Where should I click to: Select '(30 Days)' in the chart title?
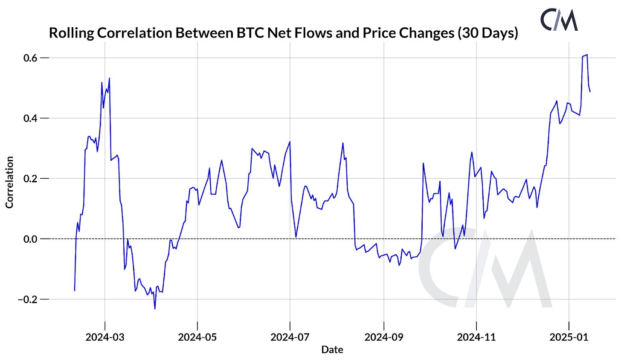pyautogui.click(x=488, y=33)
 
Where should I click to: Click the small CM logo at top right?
pyautogui.click(x=559, y=20)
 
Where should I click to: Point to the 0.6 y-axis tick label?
pyautogui.click(x=29, y=58)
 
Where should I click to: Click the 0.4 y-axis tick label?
pyautogui.click(x=29, y=118)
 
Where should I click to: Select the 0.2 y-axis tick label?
pyautogui.click(x=29, y=178)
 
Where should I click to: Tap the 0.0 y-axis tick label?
pyautogui.click(x=29, y=239)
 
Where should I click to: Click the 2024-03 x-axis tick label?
pyautogui.click(x=104, y=337)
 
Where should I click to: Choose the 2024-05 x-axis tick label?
pyautogui.click(x=197, y=337)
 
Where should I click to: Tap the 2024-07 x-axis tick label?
pyautogui.click(x=290, y=337)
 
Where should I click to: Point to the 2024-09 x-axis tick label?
pyautogui.click(x=383, y=337)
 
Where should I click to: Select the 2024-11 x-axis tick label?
pyautogui.click(x=476, y=337)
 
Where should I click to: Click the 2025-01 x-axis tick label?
pyautogui.click(x=569, y=337)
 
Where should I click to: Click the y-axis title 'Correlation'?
pyautogui.click(x=9, y=183)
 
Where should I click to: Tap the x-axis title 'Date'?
pyautogui.click(x=332, y=350)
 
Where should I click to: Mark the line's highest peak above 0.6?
pyautogui.click(x=587, y=55)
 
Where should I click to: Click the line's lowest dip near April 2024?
pyautogui.click(x=155, y=309)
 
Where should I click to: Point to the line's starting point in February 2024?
pyautogui.click(x=75, y=291)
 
